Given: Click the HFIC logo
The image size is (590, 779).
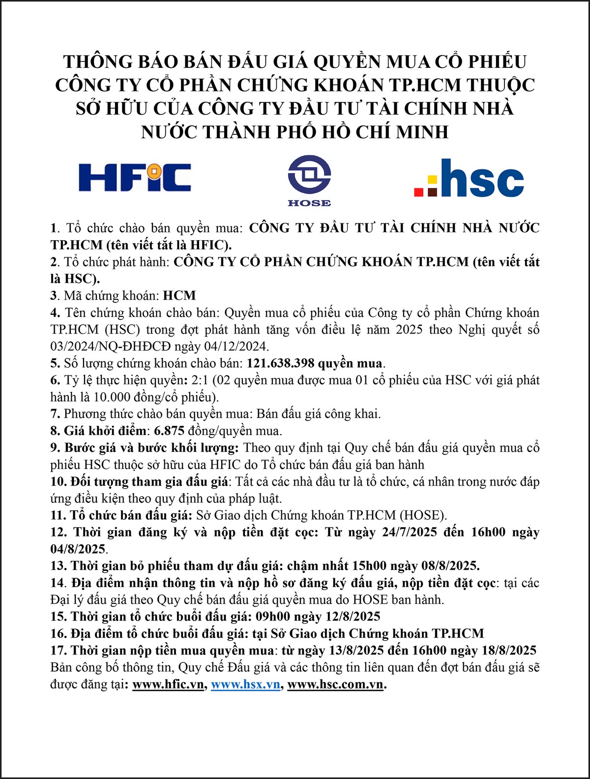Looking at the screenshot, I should click(135, 177).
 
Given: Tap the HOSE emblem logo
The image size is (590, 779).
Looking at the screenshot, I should click(309, 181).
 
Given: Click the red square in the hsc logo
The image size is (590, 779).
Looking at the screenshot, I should click(419, 191).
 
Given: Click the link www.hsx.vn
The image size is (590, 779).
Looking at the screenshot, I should click(245, 684).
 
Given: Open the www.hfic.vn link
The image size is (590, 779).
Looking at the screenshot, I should click(169, 684).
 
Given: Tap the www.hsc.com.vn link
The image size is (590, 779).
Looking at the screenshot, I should click(335, 684).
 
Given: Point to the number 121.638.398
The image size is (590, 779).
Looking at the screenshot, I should click(280, 363).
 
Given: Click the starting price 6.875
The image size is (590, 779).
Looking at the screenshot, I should click(169, 431).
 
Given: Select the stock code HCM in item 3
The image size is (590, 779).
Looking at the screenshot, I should click(179, 295).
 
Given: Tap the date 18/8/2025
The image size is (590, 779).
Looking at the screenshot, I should click(509, 650).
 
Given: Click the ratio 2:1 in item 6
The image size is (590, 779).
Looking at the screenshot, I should click(200, 380).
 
